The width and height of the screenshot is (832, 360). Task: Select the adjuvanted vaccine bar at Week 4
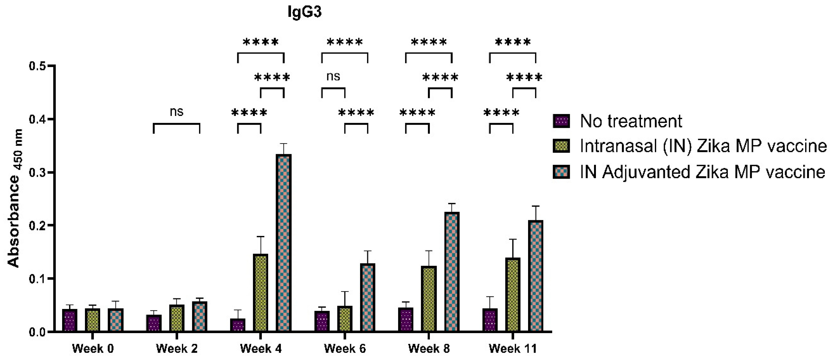click(284, 242)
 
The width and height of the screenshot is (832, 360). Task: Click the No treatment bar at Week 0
click(70, 320)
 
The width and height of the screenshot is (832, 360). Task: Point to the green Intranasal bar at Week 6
click(345, 318)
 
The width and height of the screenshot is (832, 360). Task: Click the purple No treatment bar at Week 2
click(154, 323)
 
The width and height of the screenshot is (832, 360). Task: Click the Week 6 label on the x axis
click(345, 349)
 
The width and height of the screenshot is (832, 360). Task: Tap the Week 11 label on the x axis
click(513, 349)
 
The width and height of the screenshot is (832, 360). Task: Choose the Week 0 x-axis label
click(93, 349)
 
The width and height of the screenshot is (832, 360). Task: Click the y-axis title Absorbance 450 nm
click(15, 198)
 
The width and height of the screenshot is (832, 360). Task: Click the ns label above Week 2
click(176, 112)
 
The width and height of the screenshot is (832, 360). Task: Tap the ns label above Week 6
click(333, 77)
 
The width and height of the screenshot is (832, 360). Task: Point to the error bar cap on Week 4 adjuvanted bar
click(284, 143)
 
